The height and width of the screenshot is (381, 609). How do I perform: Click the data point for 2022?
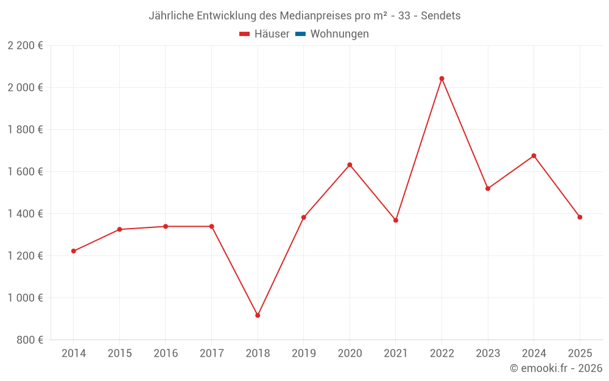coord(442,79)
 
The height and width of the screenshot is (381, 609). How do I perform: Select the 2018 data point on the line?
coord(258,315)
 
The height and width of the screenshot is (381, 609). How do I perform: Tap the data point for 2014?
coord(74,251)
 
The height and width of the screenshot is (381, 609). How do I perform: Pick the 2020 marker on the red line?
coord(350,165)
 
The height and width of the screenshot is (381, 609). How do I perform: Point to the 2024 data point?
coord(533,156)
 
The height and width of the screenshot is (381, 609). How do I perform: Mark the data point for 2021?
coord(396,220)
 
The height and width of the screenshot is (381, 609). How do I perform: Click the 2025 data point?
coord(580,217)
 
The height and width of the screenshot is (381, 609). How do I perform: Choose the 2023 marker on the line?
coord(488,188)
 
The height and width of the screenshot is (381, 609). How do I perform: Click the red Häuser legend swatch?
coord(245,34)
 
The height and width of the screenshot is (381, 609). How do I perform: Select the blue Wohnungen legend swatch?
coord(300,34)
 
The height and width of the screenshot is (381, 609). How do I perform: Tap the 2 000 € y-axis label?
coord(25,87)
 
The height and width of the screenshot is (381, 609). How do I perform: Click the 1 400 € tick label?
coord(25,213)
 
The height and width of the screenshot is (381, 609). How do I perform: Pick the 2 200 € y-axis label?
coord(25,45)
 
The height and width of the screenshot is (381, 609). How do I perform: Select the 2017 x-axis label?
coord(211,353)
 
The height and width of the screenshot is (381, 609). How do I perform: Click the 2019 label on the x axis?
coord(303,353)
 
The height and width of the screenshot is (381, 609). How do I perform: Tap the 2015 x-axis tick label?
coord(119,353)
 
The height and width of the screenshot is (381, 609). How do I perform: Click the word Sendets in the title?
coord(441,15)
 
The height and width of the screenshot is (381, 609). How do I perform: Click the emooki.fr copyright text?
coord(556,368)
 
